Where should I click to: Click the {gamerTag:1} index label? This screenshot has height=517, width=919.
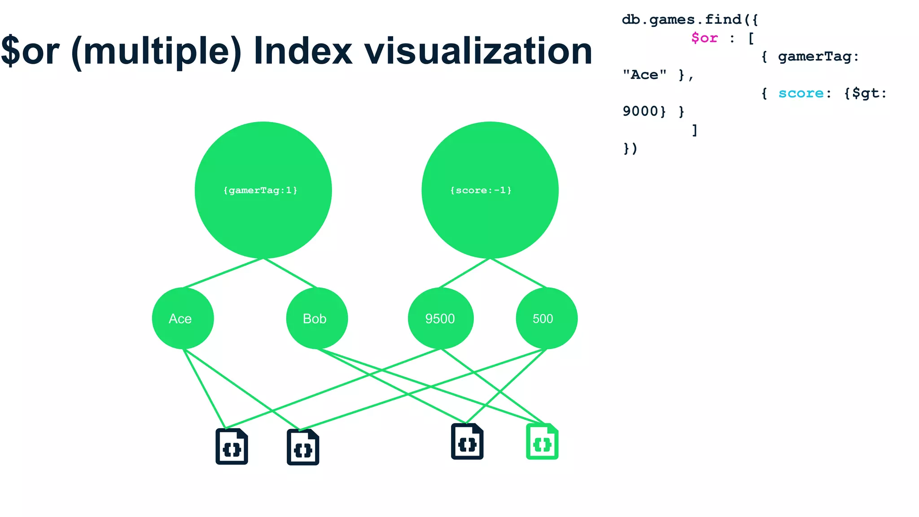pos(260,190)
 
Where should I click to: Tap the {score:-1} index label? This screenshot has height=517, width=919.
pos(481,190)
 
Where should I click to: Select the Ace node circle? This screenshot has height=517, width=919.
pos(183,318)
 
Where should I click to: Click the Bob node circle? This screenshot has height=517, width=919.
pos(316,318)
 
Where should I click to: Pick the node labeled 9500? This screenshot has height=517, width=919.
pos(440,318)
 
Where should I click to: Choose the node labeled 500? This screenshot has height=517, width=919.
pos(546,318)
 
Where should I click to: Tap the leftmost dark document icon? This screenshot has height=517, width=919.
pos(232,447)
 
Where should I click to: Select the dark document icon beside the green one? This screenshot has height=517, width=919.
pos(467,442)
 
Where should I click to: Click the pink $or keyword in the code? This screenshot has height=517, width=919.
pos(704,38)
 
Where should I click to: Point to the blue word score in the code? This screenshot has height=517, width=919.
pos(801,93)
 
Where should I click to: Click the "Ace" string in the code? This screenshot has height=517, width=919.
pos(644,75)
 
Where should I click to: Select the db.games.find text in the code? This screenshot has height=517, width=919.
pos(682,20)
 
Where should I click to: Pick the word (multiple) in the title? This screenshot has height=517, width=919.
pos(157,52)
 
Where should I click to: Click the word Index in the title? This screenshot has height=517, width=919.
pos(303,52)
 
